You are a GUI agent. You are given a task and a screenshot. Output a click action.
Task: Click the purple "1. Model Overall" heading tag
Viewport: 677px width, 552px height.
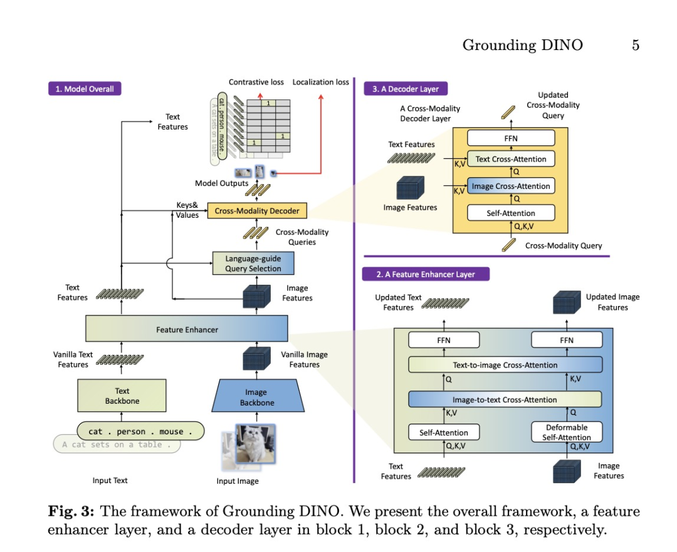click(x=85, y=89)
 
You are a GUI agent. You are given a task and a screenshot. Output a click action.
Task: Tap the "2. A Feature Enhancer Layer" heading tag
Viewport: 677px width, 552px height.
click(x=426, y=274)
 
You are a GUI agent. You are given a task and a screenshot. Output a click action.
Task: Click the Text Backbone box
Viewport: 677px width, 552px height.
click(x=122, y=396)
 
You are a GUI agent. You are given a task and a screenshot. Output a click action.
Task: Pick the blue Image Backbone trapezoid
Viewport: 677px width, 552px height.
click(x=257, y=397)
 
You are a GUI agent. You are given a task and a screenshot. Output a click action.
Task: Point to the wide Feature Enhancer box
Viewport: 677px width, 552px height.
click(x=187, y=329)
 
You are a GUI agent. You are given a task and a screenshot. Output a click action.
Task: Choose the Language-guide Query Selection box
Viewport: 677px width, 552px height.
click(x=253, y=263)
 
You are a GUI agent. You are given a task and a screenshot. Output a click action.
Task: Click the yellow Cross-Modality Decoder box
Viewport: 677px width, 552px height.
click(x=257, y=211)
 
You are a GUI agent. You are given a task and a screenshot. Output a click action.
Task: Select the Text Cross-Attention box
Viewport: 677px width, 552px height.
click(x=511, y=159)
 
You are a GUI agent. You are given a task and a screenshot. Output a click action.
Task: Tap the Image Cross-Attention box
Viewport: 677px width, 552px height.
click(x=511, y=186)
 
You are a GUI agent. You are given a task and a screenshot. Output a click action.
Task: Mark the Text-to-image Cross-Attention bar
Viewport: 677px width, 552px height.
click(x=505, y=365)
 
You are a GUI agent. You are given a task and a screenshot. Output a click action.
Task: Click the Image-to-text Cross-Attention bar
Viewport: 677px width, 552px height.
click(x=505, y=400)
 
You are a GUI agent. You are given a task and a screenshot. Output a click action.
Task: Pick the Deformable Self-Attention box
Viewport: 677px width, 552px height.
click(x=567, y=432)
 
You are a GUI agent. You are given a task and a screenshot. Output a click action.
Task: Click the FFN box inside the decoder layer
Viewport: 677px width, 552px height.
click(x=511, y=138)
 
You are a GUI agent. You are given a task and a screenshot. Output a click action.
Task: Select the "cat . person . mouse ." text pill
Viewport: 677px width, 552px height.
click(x=140, y=431)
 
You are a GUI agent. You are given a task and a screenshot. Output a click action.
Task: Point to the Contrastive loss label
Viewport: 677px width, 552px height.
click(x=256, y=82)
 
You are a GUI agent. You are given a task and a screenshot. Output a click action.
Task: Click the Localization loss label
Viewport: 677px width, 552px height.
click(x=320, y=82)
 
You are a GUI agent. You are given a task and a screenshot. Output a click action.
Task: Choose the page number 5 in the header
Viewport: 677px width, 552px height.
click(x=635, y=45)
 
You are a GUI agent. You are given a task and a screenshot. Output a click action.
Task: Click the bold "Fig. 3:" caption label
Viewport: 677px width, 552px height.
click(x=71, y=511)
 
